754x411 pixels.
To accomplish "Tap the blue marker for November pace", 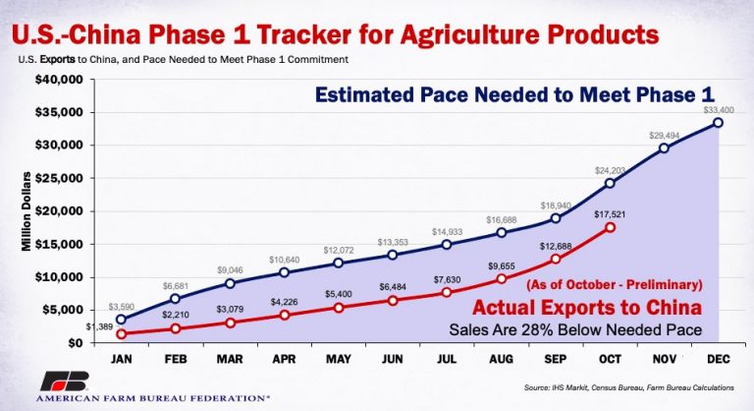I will (665, 147).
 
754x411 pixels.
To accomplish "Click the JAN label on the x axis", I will (121, 360).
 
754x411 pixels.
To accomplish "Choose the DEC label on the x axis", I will (719, 360).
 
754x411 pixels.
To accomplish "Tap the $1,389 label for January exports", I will (97, 324).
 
